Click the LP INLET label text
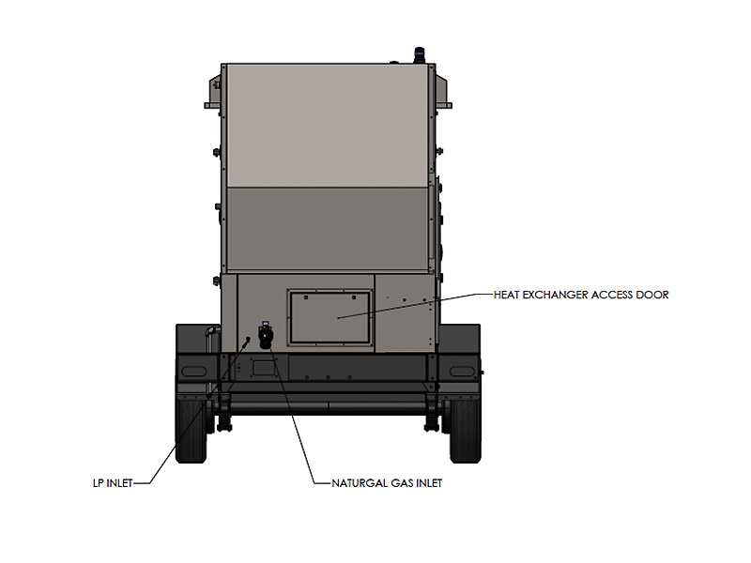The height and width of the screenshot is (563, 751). (113, 483)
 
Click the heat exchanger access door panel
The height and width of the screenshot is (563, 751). (330, 317)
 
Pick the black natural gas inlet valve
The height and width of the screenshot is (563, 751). (265, 335)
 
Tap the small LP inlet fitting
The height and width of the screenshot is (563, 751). (248, 339)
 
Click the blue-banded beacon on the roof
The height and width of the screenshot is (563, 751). (419, 55)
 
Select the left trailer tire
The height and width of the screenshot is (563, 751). (192, 431)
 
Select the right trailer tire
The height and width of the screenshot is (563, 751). (465, 431)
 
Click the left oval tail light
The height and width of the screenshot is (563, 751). (193, 372)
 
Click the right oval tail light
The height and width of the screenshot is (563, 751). (461, 372)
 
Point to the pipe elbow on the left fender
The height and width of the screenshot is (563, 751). (211, 331)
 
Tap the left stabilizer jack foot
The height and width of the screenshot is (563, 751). (223, 424)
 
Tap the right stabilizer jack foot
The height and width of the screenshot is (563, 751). (432, 424)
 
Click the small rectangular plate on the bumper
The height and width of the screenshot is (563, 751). (263, 368)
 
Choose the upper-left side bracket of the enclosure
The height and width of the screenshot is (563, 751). (215, 92)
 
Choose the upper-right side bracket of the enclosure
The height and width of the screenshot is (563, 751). (442, 92)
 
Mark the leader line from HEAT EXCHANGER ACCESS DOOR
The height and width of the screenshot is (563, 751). (415, 305)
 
